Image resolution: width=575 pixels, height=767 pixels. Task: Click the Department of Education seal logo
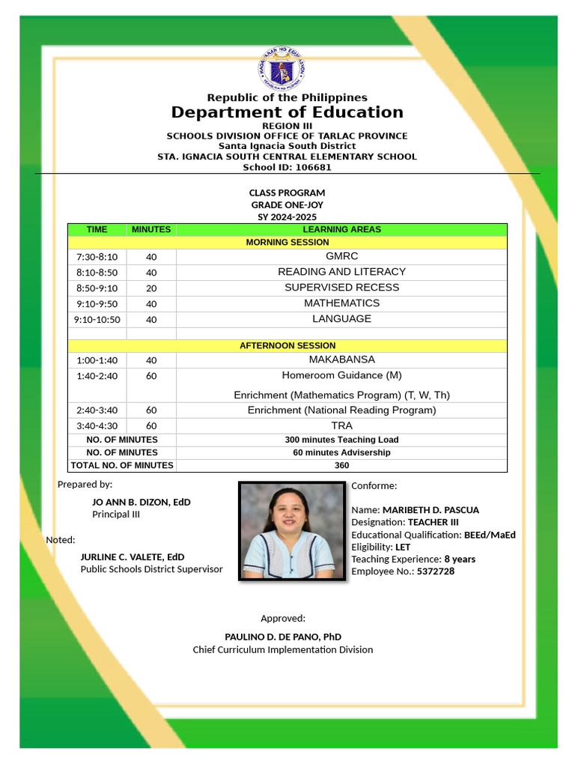pos(282,70)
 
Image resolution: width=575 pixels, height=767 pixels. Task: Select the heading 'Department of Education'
pos(287,112)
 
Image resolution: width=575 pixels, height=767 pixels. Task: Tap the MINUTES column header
pos(151,230)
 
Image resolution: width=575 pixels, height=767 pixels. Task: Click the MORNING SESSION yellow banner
pos(287,243)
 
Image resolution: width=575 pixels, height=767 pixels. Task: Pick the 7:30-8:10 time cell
pos(97,257)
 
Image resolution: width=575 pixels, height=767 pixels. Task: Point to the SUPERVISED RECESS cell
pos(341,288)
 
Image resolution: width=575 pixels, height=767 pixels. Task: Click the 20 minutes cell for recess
pos(151,288)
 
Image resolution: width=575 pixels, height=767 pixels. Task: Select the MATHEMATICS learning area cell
pos(341,303)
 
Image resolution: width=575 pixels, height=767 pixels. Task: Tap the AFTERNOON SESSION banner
pos(287,346)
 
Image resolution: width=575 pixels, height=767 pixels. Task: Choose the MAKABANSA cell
pos(341,360)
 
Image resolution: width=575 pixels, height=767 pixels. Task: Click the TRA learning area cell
pos(341,425)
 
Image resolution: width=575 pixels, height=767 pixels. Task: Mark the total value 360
pos(341,465)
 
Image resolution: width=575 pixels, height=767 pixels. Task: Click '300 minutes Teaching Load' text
pos(341,440)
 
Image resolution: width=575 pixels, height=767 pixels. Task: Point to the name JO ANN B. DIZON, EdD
pos(141,502)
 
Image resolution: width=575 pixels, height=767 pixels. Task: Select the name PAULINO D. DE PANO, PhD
pos(283,637)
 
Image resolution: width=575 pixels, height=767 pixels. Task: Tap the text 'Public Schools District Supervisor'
pos(151,569)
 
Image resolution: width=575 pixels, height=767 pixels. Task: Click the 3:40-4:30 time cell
pos(97,426)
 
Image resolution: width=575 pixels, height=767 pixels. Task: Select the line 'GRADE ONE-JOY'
pos(287,205)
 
